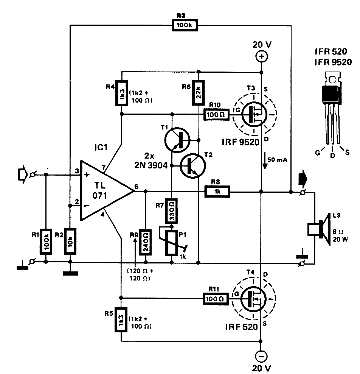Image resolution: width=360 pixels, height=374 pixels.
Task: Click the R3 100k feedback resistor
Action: coord(184,25)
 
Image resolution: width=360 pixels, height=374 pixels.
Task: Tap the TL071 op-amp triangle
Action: coord(103,192)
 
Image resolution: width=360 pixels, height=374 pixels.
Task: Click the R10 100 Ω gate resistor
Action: coord(216,114)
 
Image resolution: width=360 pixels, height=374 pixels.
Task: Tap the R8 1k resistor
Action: coord(217,192)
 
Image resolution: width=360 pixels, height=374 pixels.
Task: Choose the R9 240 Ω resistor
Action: coord(145,241)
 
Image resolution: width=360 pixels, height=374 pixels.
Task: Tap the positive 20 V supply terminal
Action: coord(261,57)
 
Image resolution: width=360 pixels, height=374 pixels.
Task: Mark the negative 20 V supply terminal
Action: coord(261,356)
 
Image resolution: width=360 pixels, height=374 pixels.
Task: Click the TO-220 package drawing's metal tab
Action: coord(332,79)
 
